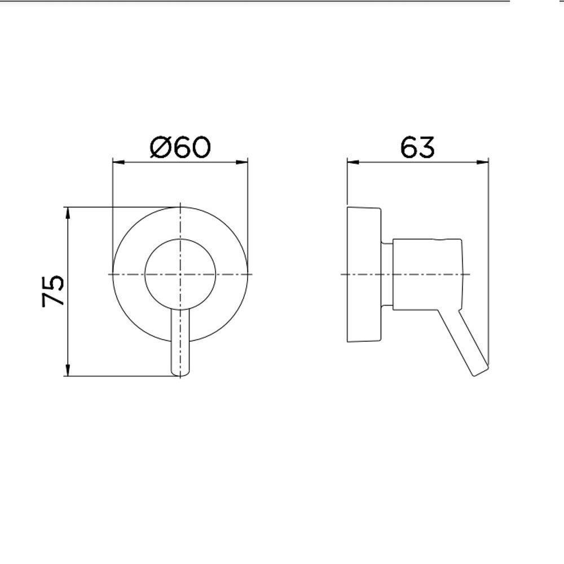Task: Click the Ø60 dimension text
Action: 180,147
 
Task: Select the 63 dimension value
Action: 417,147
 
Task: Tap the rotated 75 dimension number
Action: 54,291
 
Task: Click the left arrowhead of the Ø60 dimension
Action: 117,162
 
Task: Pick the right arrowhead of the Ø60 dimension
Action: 244,162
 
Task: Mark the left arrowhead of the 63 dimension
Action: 350,162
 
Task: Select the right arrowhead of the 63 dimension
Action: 484,162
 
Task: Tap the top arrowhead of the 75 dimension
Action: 68,211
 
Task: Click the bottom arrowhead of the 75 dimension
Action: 68,372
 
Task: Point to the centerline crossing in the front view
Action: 180,274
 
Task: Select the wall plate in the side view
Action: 364,275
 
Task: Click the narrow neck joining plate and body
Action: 387,275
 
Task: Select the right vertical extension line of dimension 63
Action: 488,254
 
